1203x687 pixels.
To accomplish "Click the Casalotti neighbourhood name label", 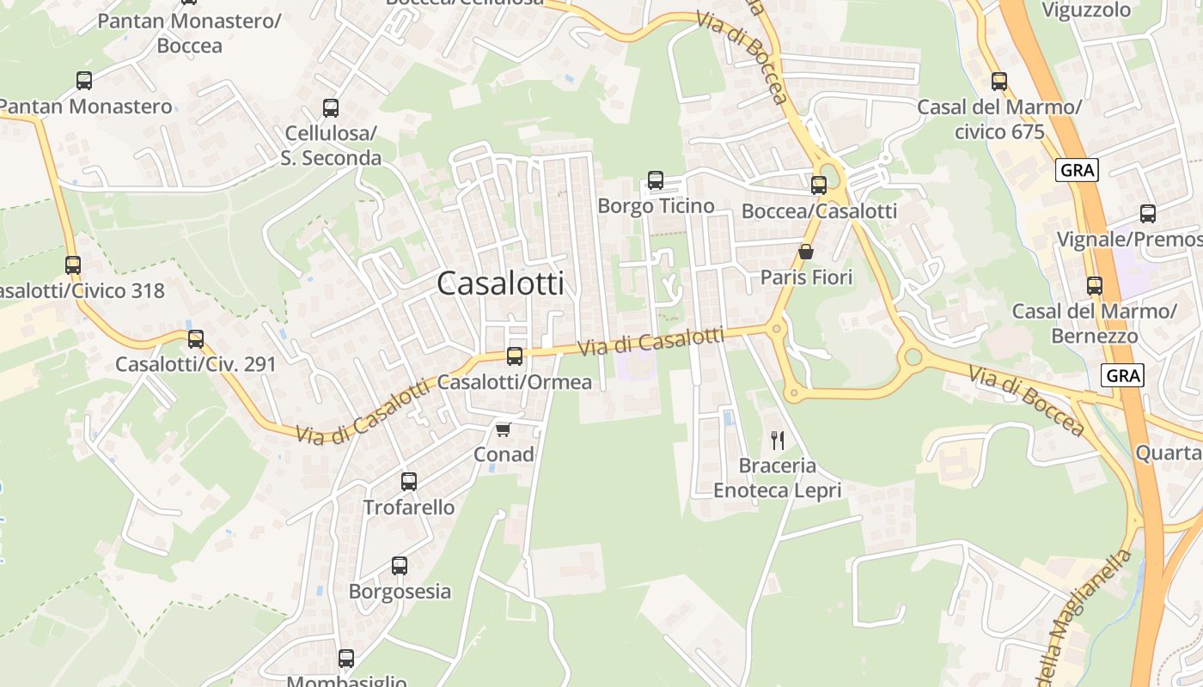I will [500, 283].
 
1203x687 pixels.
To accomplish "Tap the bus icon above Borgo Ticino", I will [656, 180].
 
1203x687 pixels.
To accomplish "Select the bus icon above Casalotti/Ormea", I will [515, 356].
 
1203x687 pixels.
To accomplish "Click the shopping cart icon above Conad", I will [503, 429].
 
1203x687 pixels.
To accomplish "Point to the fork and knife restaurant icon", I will [778, 441].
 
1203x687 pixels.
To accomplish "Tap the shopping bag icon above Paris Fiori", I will [806, 252].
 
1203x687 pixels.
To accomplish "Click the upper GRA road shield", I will [1078, 170].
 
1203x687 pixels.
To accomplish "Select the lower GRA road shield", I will [1123, 375].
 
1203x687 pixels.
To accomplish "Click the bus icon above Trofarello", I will [409, 482].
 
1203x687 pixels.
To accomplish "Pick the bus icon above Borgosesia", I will [400, 566].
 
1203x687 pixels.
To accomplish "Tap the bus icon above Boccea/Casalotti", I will [819, 185].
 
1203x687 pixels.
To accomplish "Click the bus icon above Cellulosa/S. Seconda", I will [331, 108].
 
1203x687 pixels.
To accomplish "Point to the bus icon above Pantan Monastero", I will [84, 81].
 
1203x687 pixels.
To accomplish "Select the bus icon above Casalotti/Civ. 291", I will [196, 339].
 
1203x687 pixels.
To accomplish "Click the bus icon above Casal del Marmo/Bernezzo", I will [1095, 286].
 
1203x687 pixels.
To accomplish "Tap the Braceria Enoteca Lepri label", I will [778, 478].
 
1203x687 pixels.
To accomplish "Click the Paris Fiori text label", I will [806, 277].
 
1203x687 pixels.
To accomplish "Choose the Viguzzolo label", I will [1086, 10].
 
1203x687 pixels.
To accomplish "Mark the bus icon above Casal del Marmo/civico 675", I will [999, 82].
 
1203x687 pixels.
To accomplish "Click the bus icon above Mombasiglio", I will [346, 659].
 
